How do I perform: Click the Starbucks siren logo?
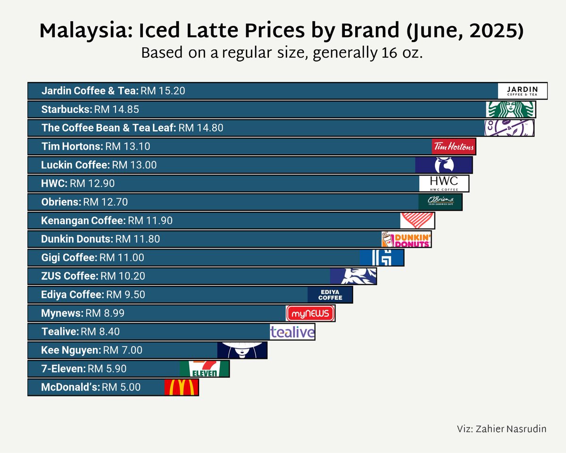(x=511, y=109)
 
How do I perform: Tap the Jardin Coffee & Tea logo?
(x=523, y=91)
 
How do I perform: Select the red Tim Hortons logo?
(x=454, y=146)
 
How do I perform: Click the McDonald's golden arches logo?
(x=182, y=387)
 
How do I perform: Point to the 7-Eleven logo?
(x=205, y=369)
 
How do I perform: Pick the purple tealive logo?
(x=292, y=332)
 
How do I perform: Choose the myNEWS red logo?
(x=310, y=313)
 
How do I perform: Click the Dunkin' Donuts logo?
(x=406, y=239)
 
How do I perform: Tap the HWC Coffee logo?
(x=444, y=183)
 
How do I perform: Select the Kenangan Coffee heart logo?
(x=417, y=220)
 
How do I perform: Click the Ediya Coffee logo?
(x=330, y=295)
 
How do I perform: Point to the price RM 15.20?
(x=163, y=91)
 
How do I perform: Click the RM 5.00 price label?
(x=121, y=387)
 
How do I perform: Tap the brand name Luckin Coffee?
(x=75, y=165)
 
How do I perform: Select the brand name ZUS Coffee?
(x=69, y=276)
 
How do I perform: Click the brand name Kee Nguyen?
(x=71, y=350)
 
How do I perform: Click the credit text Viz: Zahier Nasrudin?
(x=501, y=429)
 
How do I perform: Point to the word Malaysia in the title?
(x=79, y=31)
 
